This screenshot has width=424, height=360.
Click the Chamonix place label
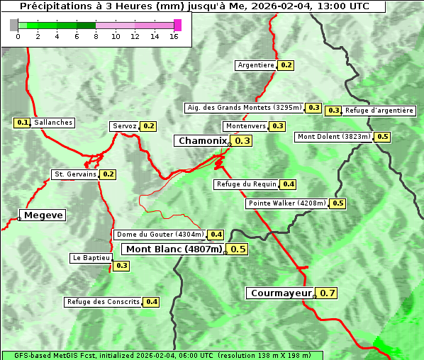click(202, 141)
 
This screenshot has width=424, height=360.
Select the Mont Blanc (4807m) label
click(174, 249)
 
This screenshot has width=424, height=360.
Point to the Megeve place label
click(43, 215)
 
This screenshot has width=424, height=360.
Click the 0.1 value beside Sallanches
click(22, 123)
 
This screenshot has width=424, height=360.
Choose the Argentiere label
click(256, 65)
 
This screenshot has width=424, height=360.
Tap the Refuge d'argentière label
click(379, 111)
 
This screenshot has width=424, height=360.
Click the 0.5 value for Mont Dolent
click(383, 137)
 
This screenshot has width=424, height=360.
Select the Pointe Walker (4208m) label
click(286, 203)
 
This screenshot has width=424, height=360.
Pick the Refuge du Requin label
click(245, 184)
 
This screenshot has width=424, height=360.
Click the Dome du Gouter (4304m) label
click(160, 235)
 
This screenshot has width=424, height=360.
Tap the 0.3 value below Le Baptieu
click(121, 266)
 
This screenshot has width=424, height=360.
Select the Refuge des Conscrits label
click(103, 302)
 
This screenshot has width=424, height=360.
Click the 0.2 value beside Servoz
click(149, 126)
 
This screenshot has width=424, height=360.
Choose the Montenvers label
click(245, 126)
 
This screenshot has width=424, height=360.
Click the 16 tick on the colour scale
click(174, 36)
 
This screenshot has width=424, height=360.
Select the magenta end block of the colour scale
click(177, 25)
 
